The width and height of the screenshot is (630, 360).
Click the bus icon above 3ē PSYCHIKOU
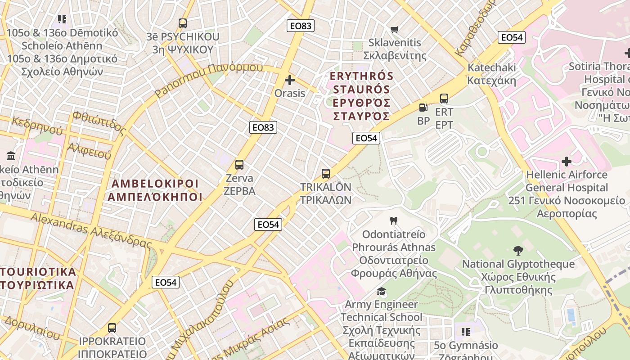click(x=182, y=23)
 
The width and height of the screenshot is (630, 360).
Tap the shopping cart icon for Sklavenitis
click(x=395, y=30)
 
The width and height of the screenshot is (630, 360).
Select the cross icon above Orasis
click(x=290, y=81)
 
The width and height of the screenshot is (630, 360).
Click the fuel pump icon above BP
click(x=423, y=108)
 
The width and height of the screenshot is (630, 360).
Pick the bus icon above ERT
click(x=444, y=99)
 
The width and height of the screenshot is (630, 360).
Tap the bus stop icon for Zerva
click(x=239, y=165)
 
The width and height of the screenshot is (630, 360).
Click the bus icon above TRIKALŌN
click(x=325, y=174)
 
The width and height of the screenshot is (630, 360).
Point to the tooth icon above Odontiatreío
click(x=394, y=221)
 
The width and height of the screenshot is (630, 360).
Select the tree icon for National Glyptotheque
click(x=518, y=251)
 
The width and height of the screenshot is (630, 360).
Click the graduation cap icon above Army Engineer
click(x=381, y=291)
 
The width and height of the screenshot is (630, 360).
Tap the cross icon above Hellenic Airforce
click(x=567, y=161)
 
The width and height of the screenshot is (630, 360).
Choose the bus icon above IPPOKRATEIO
click(x=112, y=328)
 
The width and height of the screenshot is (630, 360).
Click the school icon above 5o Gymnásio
click(x=465, y=332)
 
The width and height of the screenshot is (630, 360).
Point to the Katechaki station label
click(x=492, y=74)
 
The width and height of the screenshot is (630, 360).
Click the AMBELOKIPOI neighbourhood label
click(x=155, y=190)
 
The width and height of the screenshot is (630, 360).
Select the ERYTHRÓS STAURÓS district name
click(x=361, y=96)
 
